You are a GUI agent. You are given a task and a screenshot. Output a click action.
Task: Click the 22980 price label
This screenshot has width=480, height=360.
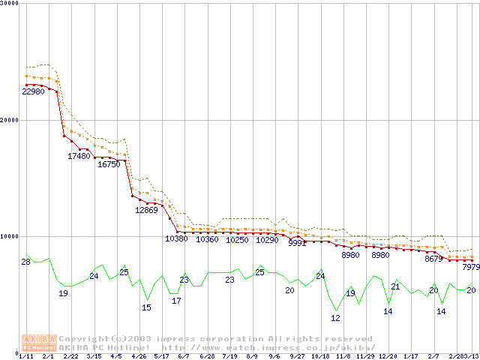pos(33,91)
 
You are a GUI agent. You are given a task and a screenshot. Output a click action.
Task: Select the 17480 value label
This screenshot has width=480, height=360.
pos(79,156)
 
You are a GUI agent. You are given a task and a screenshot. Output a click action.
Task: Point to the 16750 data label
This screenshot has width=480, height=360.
pos(109,163)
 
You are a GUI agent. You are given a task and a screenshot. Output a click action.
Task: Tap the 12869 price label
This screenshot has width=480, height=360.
pos(146,210)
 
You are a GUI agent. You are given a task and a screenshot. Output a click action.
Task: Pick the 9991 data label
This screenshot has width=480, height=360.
pos(298,243)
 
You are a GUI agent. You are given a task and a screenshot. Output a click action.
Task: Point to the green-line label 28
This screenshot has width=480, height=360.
pos(25,262)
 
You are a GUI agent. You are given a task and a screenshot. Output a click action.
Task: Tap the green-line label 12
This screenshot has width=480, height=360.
pos(335,318)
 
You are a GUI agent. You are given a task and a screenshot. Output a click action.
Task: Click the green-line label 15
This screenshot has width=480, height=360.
pos(146,307)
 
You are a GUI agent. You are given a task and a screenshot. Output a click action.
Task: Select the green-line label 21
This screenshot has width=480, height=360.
pos(395,286)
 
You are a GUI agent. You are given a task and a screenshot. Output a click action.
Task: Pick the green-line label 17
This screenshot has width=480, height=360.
pos(176,301)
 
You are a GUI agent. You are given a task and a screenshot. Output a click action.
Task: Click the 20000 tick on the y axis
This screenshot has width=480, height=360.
pos(10,120)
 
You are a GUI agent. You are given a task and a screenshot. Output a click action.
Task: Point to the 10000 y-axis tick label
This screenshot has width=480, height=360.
pos(10,236)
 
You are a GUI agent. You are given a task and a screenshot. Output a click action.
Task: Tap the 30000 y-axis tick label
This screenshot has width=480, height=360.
pos(10,4)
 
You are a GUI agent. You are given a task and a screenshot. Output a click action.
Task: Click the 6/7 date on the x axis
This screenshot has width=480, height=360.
pos(184,356)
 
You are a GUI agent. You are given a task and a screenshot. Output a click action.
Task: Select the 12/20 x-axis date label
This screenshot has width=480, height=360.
pos(388,356)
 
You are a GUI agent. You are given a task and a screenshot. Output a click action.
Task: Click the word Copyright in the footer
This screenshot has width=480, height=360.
pos(80,339)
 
